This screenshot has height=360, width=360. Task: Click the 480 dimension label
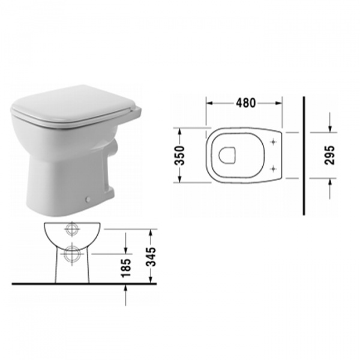pos(243,103)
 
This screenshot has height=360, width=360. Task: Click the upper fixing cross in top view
pos(274,142)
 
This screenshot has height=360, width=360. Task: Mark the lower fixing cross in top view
pos(274,168)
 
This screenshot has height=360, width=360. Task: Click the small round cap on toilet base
pos(88,199)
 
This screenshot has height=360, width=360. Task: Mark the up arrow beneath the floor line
pos(125,288)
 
